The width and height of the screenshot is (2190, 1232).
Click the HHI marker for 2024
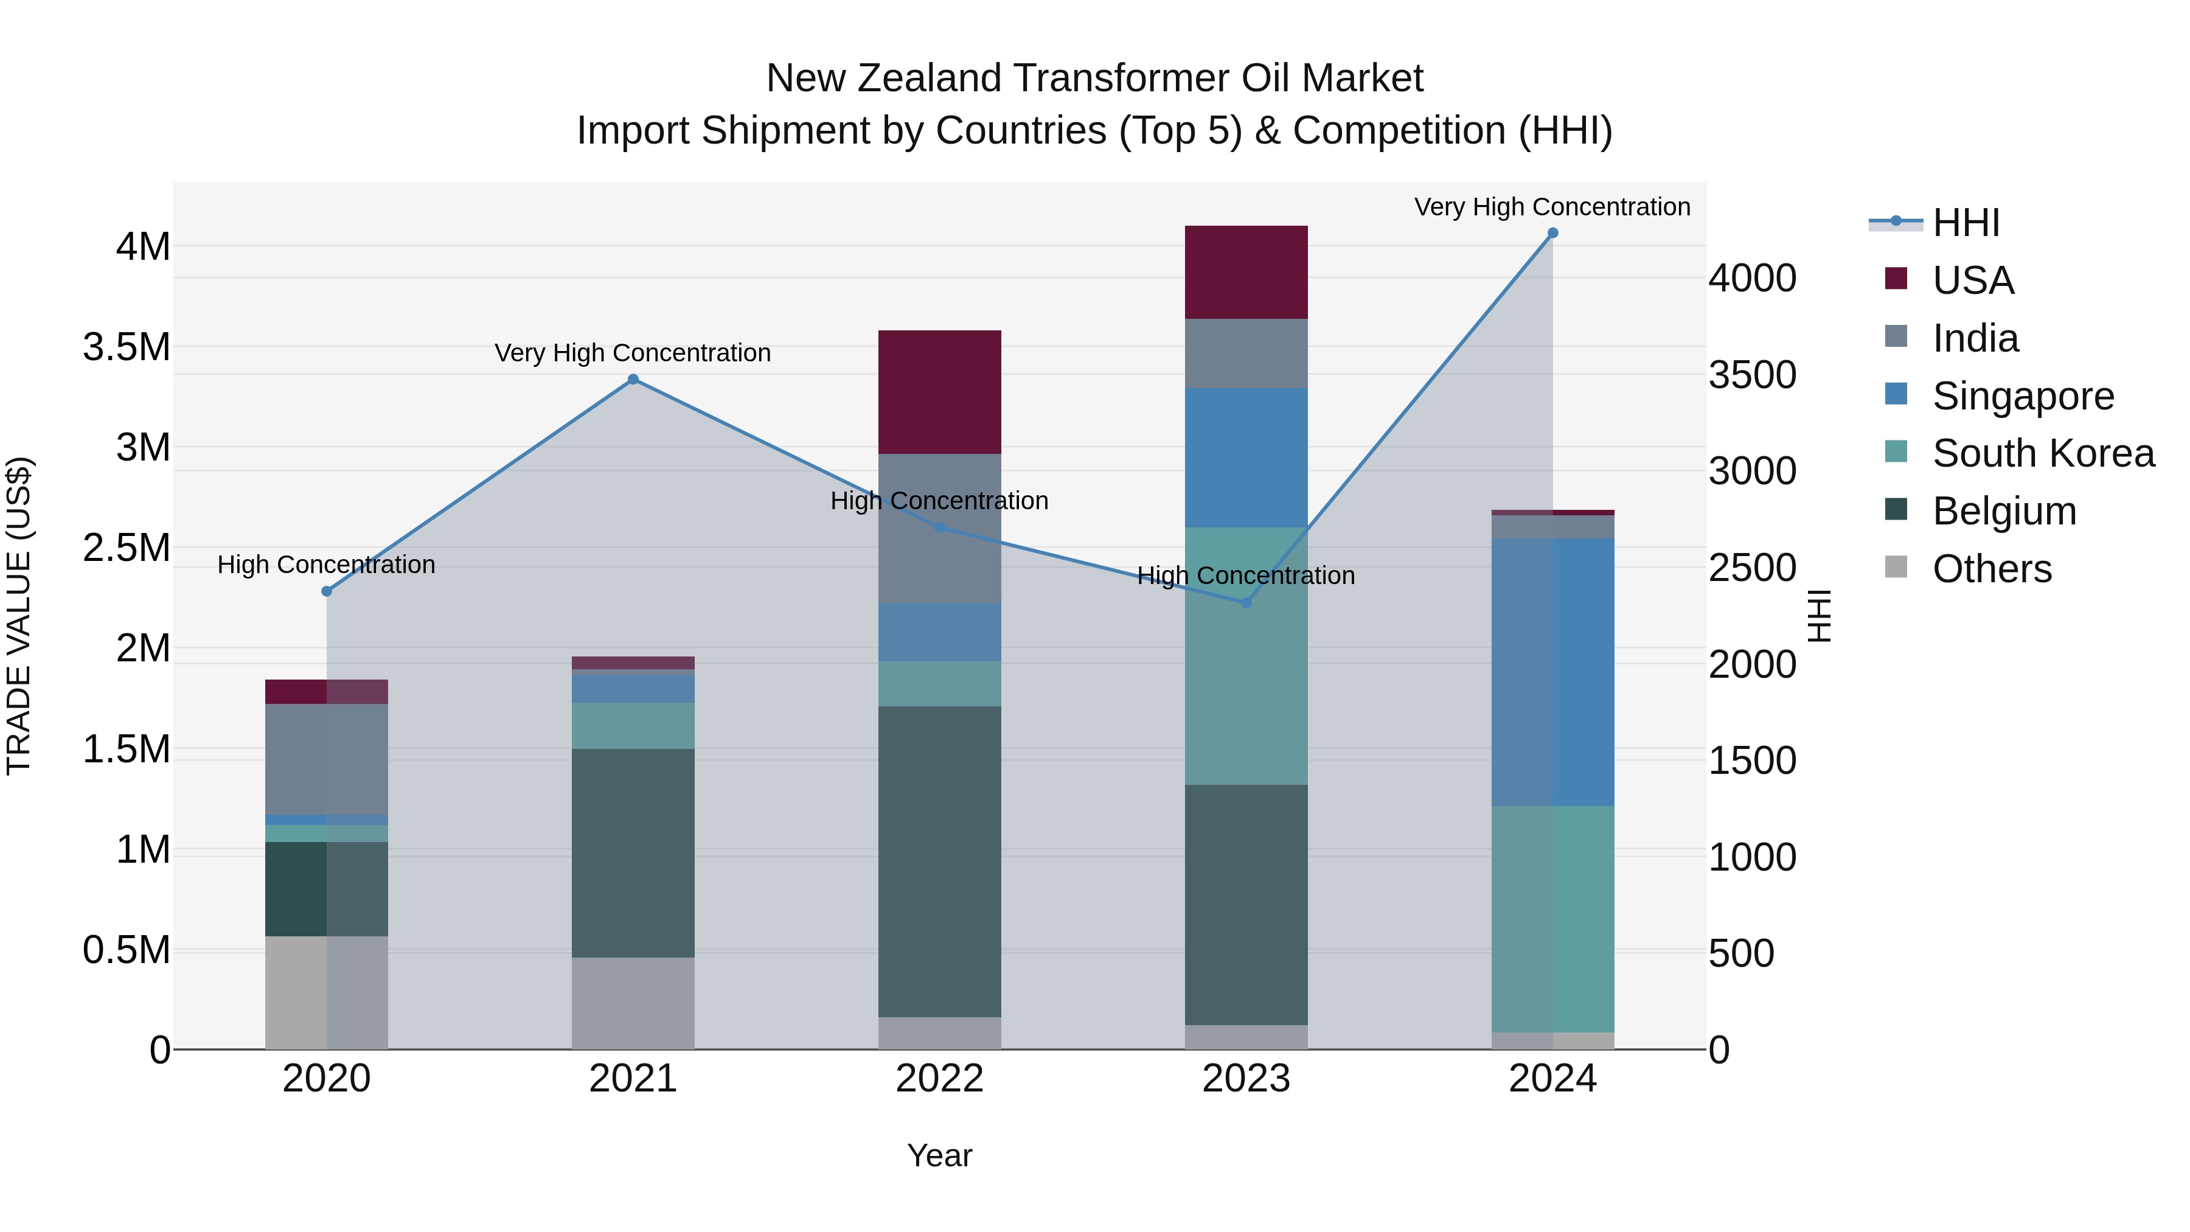(1552, 233)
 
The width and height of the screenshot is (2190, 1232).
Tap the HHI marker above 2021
(633, 380)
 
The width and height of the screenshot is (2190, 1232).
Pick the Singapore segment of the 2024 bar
(1552, 672)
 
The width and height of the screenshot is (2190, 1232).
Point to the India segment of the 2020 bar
(327, 759)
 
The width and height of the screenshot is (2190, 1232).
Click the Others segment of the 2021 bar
(633, 1003)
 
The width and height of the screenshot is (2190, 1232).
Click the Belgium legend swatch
(1896, 510)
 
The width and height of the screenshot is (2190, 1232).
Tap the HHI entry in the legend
(1966, 223)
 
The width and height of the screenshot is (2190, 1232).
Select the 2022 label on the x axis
(939, 1079)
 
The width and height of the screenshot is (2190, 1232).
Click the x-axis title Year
(939, 1155)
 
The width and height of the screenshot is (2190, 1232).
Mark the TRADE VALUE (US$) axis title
(19, 616)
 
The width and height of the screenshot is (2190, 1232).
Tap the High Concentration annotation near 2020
(327, 565)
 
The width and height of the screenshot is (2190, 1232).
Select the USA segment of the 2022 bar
(939, 392)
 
